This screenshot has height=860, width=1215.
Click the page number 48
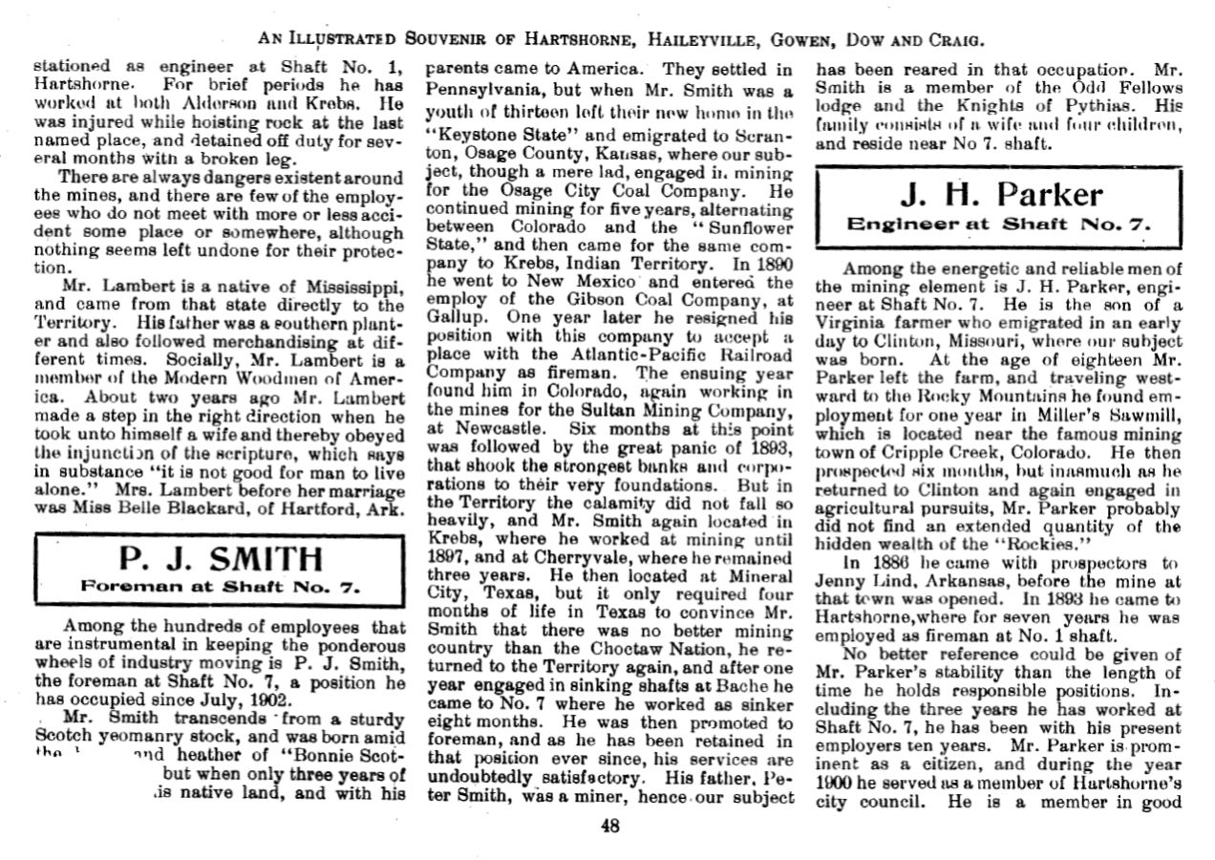[x=610, y=827]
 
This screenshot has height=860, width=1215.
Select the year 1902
[x=219, y=698]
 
